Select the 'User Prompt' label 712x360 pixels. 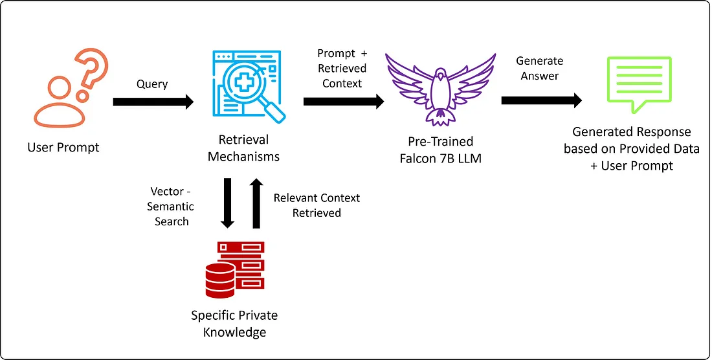(x=63, y=148)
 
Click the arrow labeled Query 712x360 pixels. (x=153, y=102)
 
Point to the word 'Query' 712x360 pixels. (x=152, y=84)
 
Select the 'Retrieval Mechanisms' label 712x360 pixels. (x=243, y=148)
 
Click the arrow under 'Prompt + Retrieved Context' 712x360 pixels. (x=343, y=102)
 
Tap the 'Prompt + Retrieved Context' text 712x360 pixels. (x=342, y=68)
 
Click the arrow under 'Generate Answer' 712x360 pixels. (x=541, y=101)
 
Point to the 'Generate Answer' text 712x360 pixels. (x=539, y=68)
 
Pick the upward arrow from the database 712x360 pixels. (x=257, y=203)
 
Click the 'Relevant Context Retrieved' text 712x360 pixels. (x=317, y=205)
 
